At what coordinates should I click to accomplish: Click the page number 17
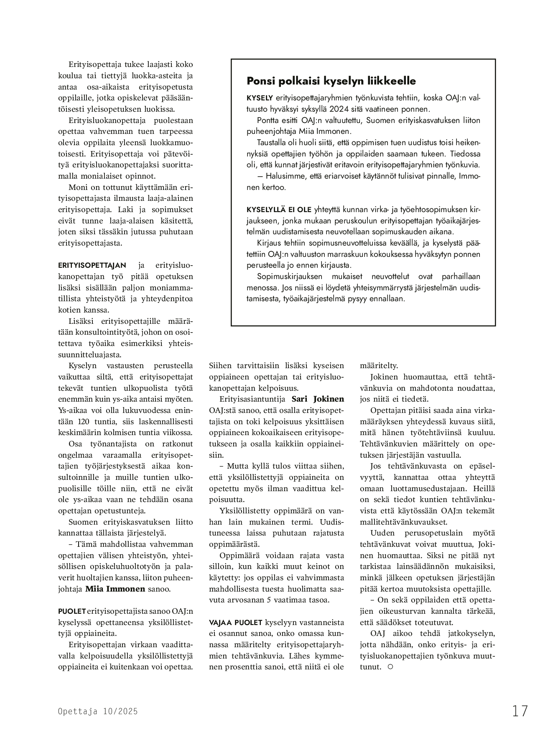tap(520, 711)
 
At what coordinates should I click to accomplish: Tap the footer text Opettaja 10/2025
tap(98, 711)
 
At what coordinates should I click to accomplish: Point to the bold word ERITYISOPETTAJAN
tap(92, 265)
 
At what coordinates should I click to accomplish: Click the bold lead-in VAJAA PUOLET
tap(236, 622)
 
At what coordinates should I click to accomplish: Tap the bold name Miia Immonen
tap(115, 589)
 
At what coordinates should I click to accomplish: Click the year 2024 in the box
tap(340, 109)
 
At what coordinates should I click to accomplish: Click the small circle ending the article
tap(390, 667)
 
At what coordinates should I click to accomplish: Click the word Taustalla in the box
tap(272, 142)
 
